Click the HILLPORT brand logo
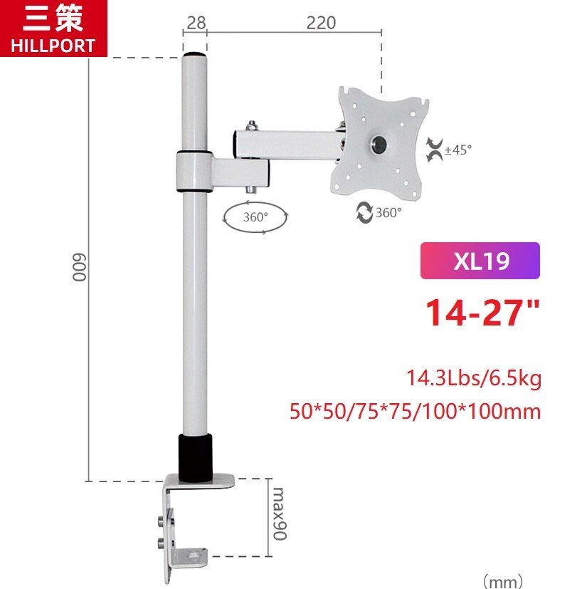point(53,28)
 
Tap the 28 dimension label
point(195,23)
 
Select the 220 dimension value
point(321,23)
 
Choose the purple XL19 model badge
point(480,261)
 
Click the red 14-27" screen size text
point(482,313)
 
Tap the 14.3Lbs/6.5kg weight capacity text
point(473,378)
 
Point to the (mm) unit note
point(503,581)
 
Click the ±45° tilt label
point(458,150)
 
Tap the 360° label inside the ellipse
point(255,217)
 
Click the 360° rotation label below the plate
point(388,212)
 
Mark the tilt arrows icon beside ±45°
point(433,150)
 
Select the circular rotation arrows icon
point(365,212)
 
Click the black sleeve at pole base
point(194,458)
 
